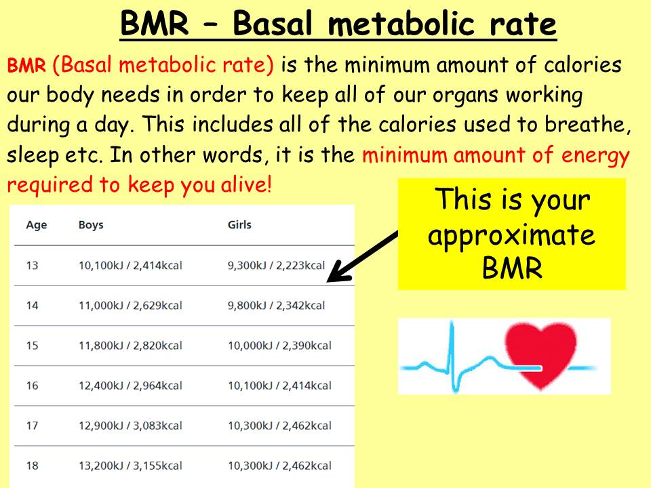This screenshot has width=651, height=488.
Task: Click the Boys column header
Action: click(91, 224)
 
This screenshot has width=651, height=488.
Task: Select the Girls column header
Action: click(239, 224)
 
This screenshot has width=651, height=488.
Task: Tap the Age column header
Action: click(37, 225)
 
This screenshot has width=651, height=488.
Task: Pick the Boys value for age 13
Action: click(130, 265)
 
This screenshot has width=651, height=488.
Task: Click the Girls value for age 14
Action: click(276, 306)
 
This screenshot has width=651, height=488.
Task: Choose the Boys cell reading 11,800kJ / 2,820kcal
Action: click(130, 345)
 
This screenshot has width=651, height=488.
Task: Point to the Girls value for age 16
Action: click(279, 386)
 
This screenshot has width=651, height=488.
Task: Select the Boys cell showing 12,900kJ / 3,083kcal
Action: click(130, 426)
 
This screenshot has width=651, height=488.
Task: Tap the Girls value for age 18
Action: click(279, 466)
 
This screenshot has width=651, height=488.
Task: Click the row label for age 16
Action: click(33, 386)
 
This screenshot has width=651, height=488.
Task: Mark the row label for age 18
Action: click(33, 466)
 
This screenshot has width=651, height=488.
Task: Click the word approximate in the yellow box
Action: click(511, 236)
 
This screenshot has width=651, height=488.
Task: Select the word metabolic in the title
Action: click(401, 23)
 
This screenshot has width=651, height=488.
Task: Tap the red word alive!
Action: click(245, 184)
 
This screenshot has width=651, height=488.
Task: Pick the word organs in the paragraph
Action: click(466, 96)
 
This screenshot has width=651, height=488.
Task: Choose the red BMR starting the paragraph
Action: click(26, 65)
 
